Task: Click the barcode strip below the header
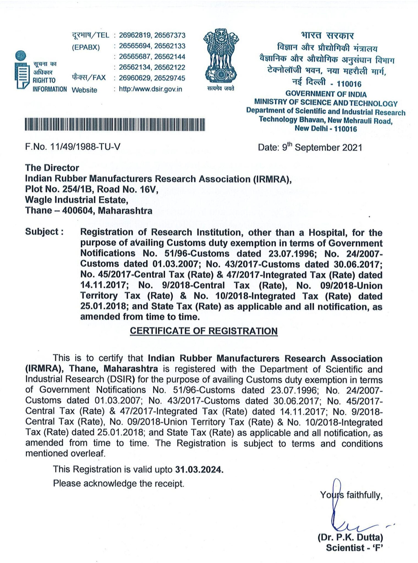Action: [x=115, y=124]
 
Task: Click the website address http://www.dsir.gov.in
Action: [x=150, y=89]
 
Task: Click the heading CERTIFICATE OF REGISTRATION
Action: [x=204, y=331]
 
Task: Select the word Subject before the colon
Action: [x=42, y=232]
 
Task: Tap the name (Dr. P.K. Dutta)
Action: [x=350, y=537]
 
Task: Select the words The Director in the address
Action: [x=52, y=168]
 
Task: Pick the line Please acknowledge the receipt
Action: [x=119, y=483]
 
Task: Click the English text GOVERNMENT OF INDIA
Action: [x=326, y=94]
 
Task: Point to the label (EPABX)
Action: [x=86, y=47]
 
